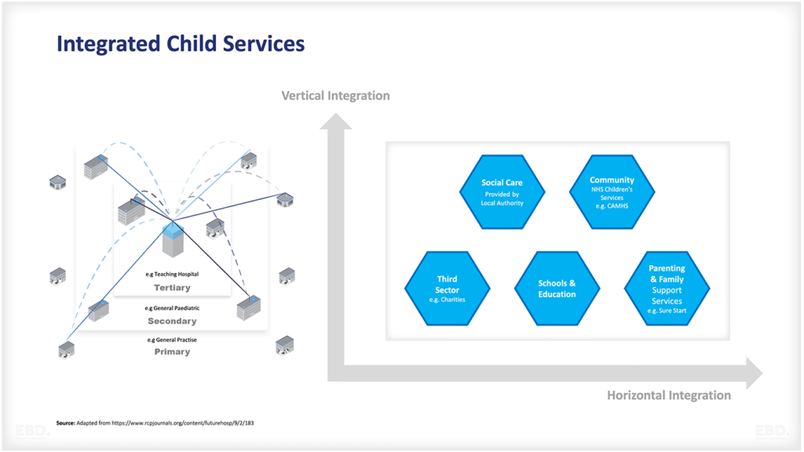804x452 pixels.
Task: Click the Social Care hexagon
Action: pos(502,191)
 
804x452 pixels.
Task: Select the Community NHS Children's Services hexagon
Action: pos(612,191)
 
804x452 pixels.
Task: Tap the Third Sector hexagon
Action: pos(447,288)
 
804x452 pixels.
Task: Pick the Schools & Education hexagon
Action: pos(557,288)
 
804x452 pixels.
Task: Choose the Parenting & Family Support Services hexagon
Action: pos(667,288)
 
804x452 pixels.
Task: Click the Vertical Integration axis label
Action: pos(335,96)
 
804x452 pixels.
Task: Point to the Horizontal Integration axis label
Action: pos(668,395)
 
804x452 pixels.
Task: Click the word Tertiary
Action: pos(172,288)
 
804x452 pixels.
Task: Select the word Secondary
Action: pos(172,321)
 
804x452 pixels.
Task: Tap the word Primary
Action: pos(172,352)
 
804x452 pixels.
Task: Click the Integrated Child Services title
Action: pos(181,43)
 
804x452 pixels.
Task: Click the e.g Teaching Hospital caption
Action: pos(172,275)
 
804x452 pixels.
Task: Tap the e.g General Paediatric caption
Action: pos(172,308)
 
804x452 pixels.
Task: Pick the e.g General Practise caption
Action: pos(172,340)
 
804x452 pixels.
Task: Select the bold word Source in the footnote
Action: pos(65,424)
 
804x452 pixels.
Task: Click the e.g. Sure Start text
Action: pos(667,312)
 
